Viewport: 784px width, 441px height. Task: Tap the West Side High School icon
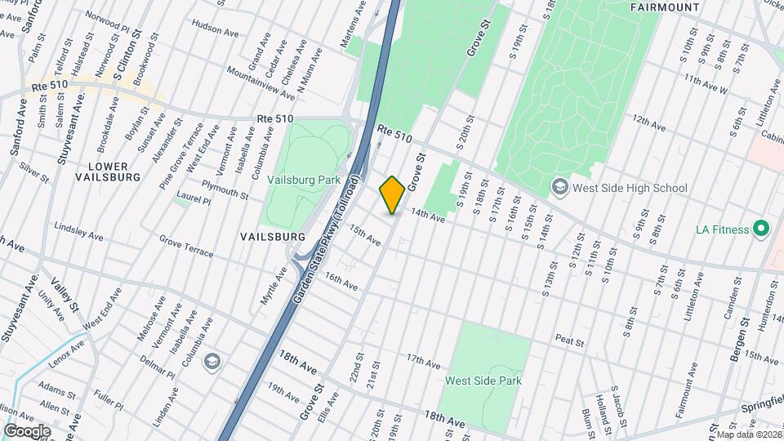coord(560,188)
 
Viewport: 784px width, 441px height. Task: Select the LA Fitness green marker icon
coord(761,229)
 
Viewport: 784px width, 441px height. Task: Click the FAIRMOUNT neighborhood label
coord(665,7)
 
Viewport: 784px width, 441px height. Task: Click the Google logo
coord(26,430)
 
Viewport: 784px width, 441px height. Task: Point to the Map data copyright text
coord(748,434)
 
